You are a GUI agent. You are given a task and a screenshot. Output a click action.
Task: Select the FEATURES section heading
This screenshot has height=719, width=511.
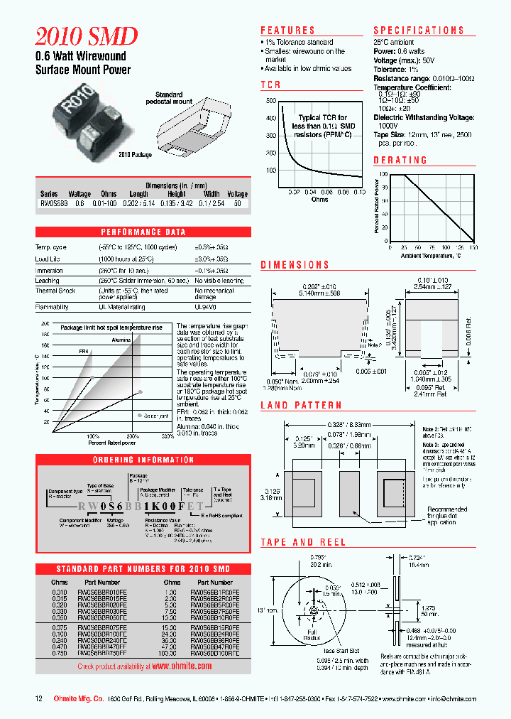tap(287, 31)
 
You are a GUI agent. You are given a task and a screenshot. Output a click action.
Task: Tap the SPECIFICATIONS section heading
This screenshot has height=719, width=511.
tap(419, 31)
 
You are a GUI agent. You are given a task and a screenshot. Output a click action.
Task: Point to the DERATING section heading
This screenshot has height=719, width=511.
tap(400, 161)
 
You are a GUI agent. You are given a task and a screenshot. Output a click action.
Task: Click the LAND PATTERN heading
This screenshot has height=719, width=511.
tap(302, 406)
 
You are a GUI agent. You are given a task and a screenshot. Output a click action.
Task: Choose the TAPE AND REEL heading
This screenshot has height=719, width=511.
tap(303, 542)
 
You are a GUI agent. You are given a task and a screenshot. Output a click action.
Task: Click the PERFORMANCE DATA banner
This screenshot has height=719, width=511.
tap(143, 232)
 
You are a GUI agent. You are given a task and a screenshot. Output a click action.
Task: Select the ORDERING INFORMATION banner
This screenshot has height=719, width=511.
tap(143, 460)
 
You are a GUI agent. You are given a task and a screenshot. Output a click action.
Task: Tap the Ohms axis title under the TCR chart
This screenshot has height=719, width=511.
tap(320, 200)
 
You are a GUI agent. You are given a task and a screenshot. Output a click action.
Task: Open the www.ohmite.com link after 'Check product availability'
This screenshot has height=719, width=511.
tap(182, 666)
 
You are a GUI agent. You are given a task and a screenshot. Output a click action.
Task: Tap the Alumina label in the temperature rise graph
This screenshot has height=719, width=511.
tap(121, 340)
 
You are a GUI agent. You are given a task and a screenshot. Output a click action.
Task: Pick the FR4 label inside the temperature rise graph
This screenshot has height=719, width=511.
tap(83, 350)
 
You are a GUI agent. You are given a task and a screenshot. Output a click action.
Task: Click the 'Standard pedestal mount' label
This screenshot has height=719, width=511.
tap(173, 98)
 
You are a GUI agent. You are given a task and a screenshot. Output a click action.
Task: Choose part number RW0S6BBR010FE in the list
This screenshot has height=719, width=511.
tap(104, 592)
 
